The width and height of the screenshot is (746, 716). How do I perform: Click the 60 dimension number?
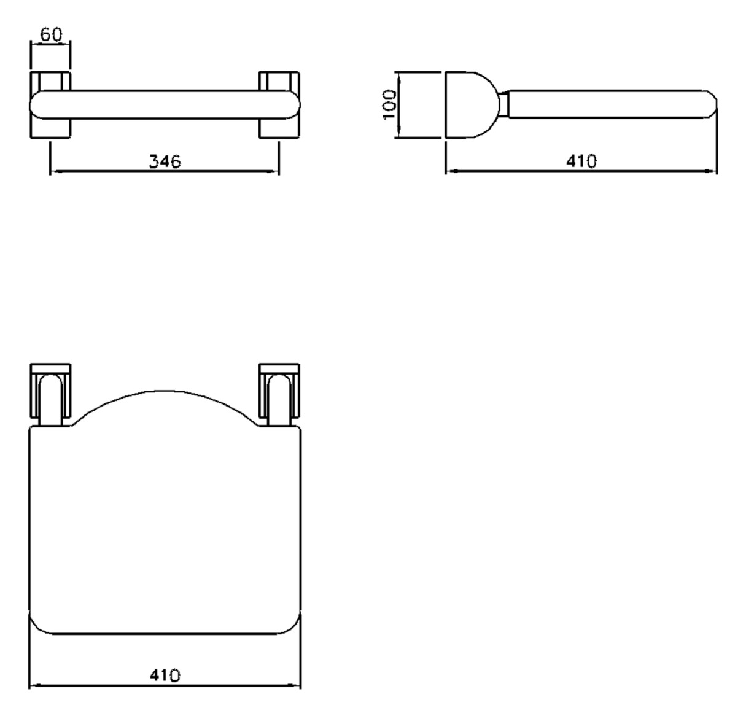click(x=51, y=35)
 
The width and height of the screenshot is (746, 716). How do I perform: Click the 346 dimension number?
click(x=165, y=161)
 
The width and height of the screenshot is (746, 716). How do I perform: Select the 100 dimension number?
click(x=389, y=104)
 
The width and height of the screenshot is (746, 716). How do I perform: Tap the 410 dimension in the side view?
click(x=581, y=161)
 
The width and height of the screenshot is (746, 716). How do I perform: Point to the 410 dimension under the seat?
click(x=165, y=675)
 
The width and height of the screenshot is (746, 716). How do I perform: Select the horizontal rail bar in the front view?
click(x=165, y=104)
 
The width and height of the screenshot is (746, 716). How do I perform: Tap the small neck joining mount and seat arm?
click(x=503, y=104)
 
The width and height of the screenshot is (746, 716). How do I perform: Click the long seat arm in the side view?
click(x=608, y=104)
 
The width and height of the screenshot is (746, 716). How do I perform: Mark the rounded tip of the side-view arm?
click(x=712, y=104)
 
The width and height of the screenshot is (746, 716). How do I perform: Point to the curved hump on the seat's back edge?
click(x=165, y=405)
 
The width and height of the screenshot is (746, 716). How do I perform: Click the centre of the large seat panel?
click(x=165, y=528)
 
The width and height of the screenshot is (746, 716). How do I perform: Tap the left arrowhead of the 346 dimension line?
click(x=54, y=171)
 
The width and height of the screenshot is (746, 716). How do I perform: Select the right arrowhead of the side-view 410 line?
click(x=713, y=171)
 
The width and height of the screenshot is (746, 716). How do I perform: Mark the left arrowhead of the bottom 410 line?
click(x=33, y=685)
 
